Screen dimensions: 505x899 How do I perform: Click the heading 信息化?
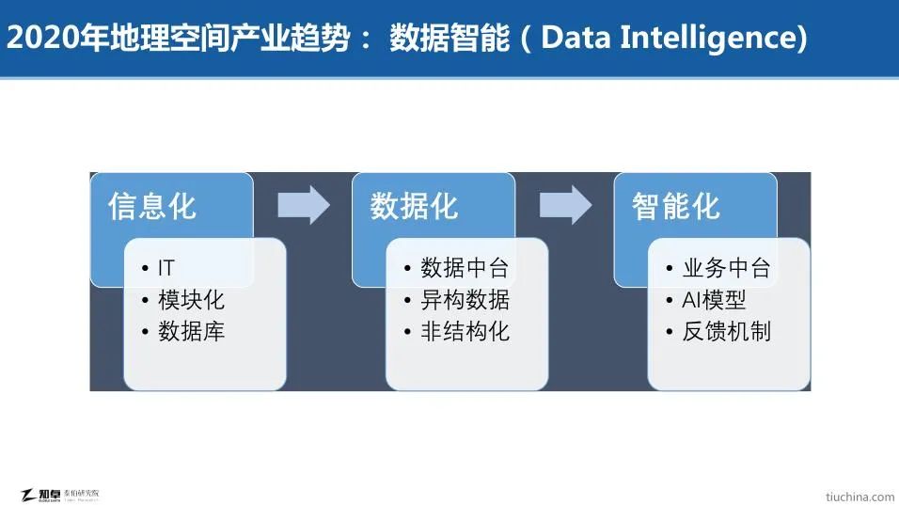coord(152,207)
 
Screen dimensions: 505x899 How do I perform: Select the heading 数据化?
coord(414,207)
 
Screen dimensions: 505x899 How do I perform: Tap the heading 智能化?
coord(676,207)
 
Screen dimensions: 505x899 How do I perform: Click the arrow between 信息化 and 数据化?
coord(305,205)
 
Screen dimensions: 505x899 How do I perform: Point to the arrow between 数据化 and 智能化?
coord(566,205)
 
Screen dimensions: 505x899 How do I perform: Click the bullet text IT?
coord(166,269)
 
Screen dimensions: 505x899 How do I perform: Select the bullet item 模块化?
coord(192,300)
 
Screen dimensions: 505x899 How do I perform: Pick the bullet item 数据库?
coord(192,331)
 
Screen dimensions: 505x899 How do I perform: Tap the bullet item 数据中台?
coord(465,269)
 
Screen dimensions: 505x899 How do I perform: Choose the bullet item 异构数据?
coord(465,300)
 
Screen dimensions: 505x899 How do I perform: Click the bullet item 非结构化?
coord(465,331)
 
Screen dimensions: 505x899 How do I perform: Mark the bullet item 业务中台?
coord(726,269)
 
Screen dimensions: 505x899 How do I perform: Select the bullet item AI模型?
coord(714,300)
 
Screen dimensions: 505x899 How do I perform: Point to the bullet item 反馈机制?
coord(726,331)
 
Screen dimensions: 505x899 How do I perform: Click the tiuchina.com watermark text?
coord(859,496)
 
